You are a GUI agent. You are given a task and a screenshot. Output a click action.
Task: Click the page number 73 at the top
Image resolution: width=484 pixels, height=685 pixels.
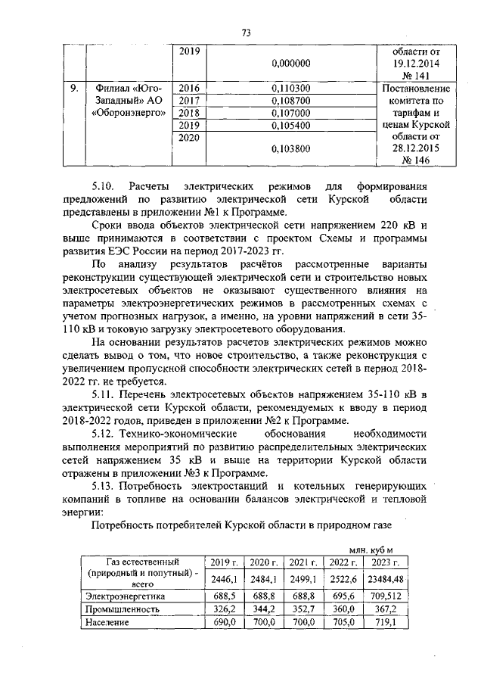coord(246,32)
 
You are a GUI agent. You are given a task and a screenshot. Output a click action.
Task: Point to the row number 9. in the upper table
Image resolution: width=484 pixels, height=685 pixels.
coord(74,89)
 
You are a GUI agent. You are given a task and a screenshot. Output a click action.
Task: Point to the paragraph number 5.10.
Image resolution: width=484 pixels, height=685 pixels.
coord(105,186)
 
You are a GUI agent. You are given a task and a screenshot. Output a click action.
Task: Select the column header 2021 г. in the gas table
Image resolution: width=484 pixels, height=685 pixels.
coord(303,562)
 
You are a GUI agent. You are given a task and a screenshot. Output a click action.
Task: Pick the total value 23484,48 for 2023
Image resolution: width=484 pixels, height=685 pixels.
coord(384,578)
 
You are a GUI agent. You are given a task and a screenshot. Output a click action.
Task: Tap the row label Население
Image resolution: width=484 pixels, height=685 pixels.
coord(107,621)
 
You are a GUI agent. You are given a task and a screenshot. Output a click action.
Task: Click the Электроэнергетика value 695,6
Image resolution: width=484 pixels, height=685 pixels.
coord(343,596)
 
